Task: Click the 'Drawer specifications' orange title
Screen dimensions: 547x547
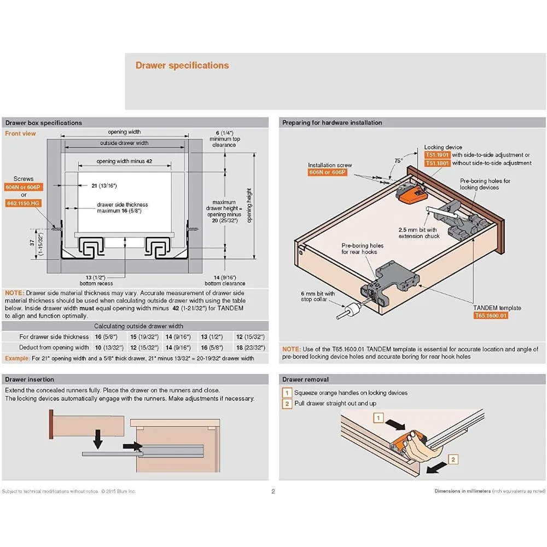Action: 182,66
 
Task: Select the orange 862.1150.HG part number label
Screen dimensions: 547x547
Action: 23,203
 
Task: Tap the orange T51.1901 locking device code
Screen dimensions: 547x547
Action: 437,155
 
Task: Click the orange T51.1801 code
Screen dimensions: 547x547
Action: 437,163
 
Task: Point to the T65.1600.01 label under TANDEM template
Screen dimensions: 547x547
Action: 491,316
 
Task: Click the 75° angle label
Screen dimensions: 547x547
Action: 398,161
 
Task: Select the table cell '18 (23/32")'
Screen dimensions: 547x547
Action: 250,347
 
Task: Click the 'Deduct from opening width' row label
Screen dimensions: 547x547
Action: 54,347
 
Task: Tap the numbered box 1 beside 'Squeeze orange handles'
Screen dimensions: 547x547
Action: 287,393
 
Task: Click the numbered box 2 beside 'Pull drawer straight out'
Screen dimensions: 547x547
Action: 287,404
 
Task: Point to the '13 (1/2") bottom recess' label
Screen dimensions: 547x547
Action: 96,281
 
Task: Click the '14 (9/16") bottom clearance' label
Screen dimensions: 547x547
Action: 225,281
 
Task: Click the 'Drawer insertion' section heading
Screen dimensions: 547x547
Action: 30,379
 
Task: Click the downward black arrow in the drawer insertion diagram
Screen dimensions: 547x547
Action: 98,438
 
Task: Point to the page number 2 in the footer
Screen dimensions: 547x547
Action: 273,491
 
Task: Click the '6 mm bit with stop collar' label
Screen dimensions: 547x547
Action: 318,296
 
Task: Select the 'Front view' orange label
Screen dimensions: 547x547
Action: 20,133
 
